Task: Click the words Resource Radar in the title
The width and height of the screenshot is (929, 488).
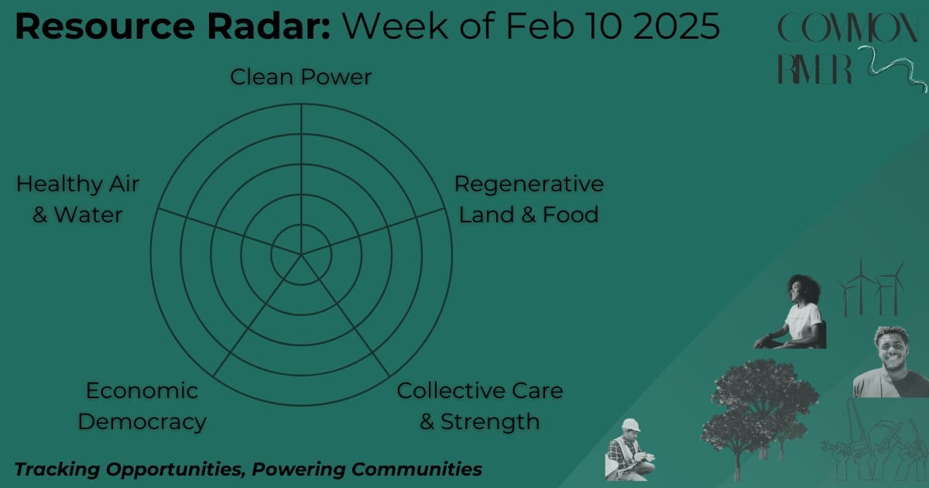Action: coord(172,26)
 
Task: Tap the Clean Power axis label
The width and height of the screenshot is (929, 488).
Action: coord(300,77)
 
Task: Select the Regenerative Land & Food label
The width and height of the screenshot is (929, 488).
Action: coord(529,199)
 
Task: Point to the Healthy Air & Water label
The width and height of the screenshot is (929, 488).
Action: coord(77,199)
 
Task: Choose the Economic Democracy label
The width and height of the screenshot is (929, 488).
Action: coord(142,406)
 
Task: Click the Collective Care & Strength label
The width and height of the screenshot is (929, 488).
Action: coord(480,406)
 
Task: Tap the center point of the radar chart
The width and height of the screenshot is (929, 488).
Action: coord(301,254)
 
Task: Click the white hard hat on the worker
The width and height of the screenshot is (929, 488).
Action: coord(631,425)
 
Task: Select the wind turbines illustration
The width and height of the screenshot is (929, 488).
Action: coord(871,287)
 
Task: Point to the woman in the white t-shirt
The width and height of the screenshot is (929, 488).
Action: coord(791,312)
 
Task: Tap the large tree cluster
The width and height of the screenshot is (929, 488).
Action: coord(759,415)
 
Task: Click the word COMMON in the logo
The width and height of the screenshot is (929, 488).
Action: coord(848,28)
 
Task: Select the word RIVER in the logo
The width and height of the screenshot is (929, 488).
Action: coord(814,69)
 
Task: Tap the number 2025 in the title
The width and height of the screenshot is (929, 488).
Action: coord(676,26)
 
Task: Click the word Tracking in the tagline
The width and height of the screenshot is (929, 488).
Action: coord(57,469)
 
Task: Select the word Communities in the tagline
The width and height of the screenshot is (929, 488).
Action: coord(417,469)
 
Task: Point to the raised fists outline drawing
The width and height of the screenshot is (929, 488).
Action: coord(874,443)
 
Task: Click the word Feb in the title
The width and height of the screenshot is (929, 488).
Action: coord(540,26)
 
